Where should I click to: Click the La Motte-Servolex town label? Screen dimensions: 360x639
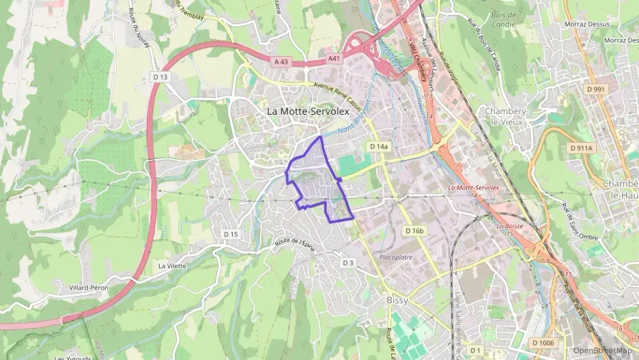coord(308,110)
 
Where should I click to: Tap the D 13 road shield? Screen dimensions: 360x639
coord(160,77)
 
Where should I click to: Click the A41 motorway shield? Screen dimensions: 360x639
coord(334,59)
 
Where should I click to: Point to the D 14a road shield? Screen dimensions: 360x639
coord(378,147)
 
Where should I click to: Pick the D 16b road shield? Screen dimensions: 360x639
coord(414,231)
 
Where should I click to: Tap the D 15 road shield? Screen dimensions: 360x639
coord(231,234)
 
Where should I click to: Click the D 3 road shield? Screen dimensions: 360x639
coord(348,262)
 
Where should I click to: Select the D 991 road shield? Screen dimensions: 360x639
coord(595,89)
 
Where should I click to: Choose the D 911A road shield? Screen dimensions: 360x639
coord(582,148)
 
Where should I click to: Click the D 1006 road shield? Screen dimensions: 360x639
coord(543,342)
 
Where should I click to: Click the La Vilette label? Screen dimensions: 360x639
coord(172,266)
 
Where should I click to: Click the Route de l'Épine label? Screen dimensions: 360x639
coord(294,245)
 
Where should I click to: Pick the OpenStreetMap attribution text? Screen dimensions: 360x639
coord(602,350)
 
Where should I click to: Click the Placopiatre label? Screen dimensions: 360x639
coord(396,258)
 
